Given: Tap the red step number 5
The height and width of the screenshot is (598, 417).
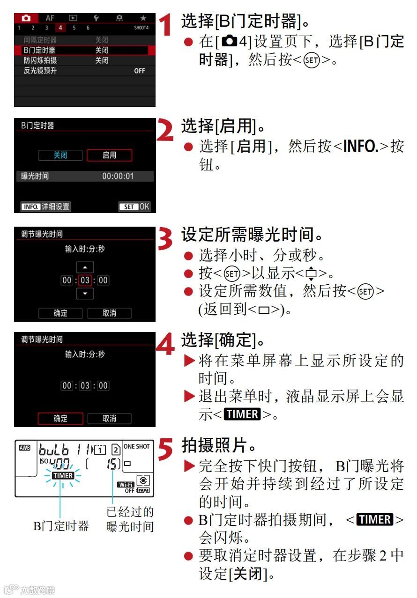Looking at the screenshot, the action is pyautogui.click(x=165, y=449).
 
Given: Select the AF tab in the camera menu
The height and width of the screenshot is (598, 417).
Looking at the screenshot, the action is pyautogui.click(x=50, y=18).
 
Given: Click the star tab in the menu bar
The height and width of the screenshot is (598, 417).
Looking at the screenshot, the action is pyautogui.click(x=143, y=18).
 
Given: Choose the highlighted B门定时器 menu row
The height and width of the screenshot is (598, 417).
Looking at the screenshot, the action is pyautogui.click(x=84, y=50).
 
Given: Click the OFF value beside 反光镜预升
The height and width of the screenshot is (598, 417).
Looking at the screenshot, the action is pyautogui.click(x=140, y=71).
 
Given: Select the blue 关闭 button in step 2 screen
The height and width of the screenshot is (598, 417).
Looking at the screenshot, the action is pyautogui.click(x=60, y=155).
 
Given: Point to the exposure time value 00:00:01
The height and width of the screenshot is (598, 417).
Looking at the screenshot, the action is pyautogui.click(x=118, y=176).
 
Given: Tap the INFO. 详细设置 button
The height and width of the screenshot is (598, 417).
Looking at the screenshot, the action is pyautogui.click(x=45, y=207).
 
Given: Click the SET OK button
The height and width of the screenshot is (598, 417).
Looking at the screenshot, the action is pyautogui.click(x=134, y=207).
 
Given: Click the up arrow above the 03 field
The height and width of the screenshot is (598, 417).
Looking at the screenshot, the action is pyautogui.click(x=85, y=267).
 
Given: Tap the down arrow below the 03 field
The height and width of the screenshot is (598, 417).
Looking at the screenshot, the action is pyautogui.click(x=85, y=294).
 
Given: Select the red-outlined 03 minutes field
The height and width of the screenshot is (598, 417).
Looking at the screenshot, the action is pyautogui.click(x=85, y=281).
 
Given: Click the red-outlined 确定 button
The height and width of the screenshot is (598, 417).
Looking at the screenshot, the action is pyautogui.click(x=60, y=418).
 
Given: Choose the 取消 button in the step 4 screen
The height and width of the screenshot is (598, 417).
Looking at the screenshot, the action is pyautogui.click(x=109, y=418).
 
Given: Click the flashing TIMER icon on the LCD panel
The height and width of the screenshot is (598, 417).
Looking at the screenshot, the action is pyautogui.click(x=63, y=475).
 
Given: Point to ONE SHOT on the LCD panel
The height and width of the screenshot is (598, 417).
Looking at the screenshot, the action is pyautogui.click(x=136, y=446).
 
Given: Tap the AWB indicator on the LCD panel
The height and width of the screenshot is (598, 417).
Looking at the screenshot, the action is pyautogui.click(x=24, y=448).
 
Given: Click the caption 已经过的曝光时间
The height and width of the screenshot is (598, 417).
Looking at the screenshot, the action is pyautogui.click(x=130, y=519).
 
